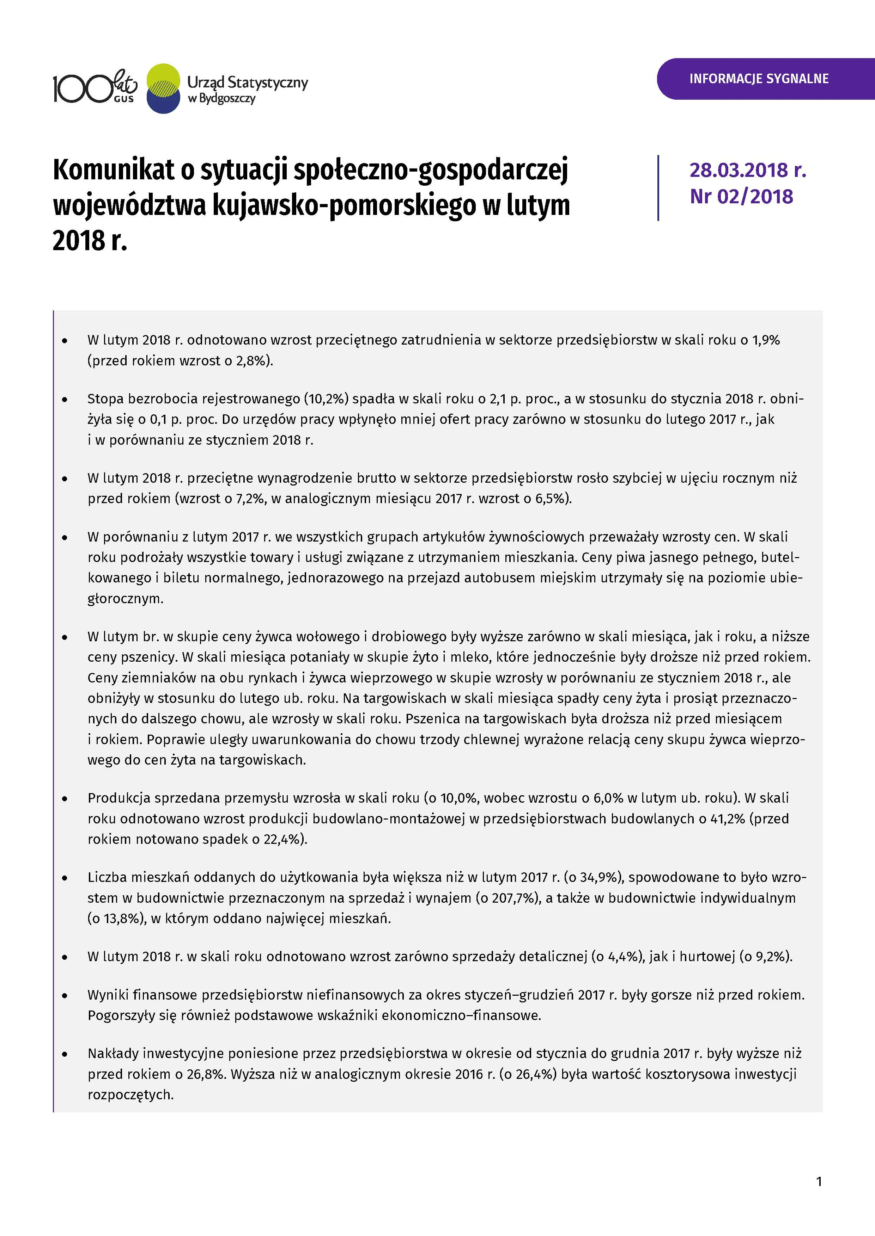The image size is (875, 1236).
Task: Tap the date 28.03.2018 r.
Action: (747, 170)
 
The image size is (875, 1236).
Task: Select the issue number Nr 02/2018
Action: (741, 197)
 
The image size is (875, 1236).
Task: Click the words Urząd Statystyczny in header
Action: (247, 82)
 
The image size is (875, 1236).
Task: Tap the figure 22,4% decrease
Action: (282, 839)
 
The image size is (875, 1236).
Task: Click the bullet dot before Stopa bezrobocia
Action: (65, 400)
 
